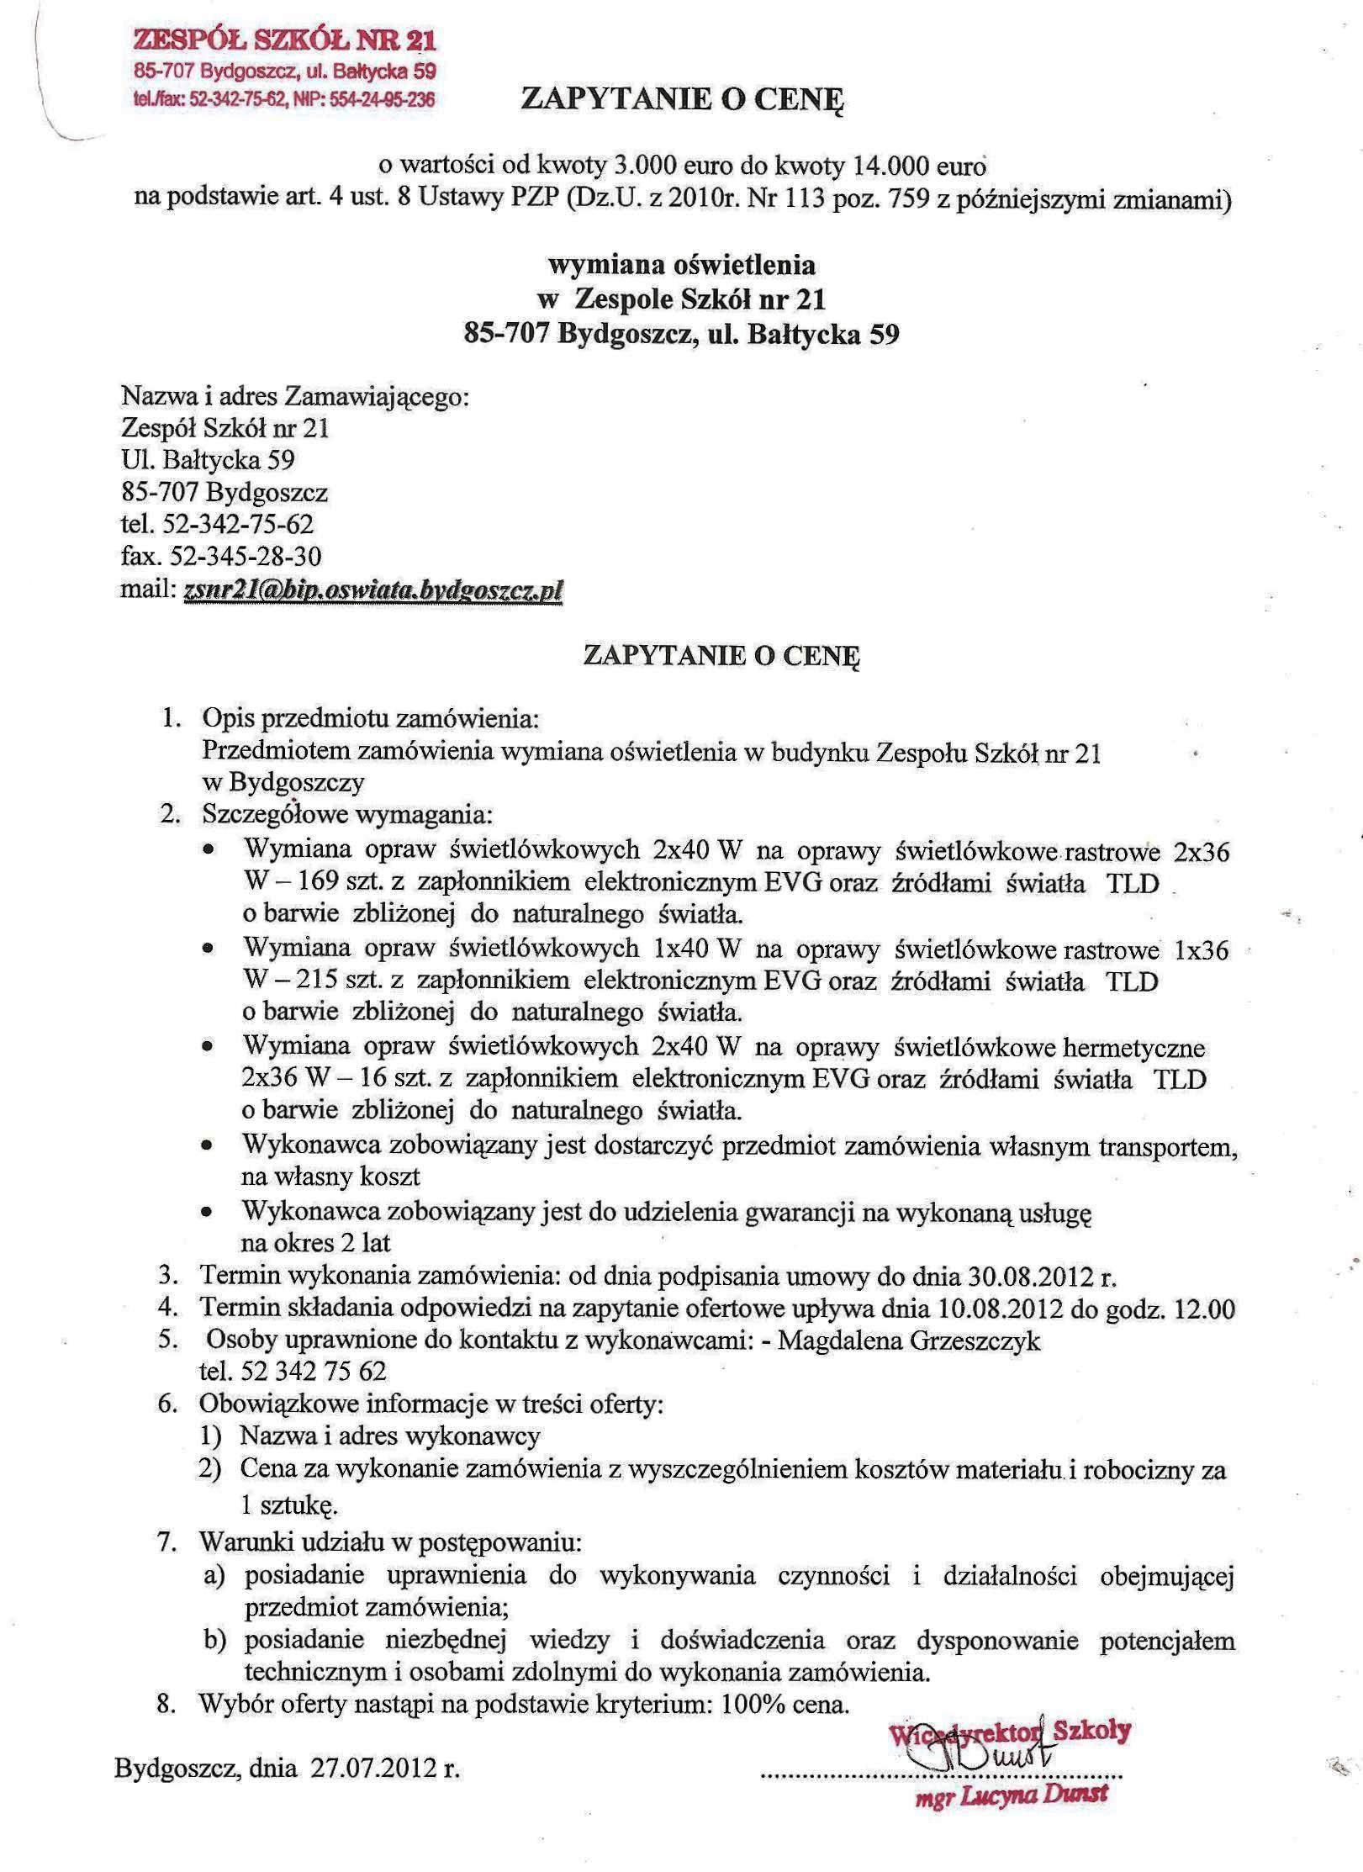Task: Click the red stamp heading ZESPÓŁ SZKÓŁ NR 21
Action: coord(285,41)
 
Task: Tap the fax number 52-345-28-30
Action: coord(245,557)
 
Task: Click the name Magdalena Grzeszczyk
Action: coord(910,1341)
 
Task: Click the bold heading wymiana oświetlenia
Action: coord(681,265)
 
